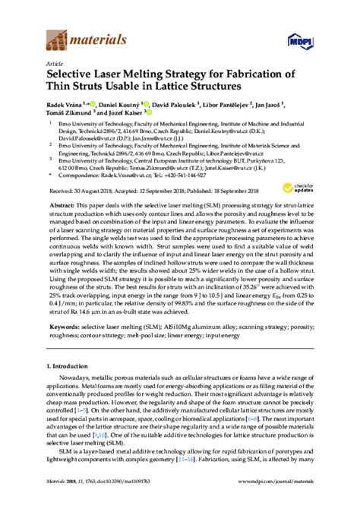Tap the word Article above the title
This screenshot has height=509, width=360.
55,64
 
